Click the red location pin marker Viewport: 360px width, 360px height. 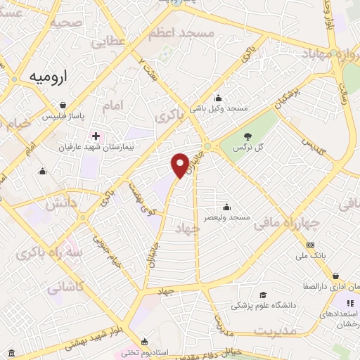click(x=181, y=164)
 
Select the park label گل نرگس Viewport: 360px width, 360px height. click(x=247, y=147)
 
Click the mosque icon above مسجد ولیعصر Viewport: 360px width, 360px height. click(x=226, y=207)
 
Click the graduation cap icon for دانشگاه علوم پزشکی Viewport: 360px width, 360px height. click(x=263, y=295)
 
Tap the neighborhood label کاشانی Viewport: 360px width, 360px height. click(x=65, y=286)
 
